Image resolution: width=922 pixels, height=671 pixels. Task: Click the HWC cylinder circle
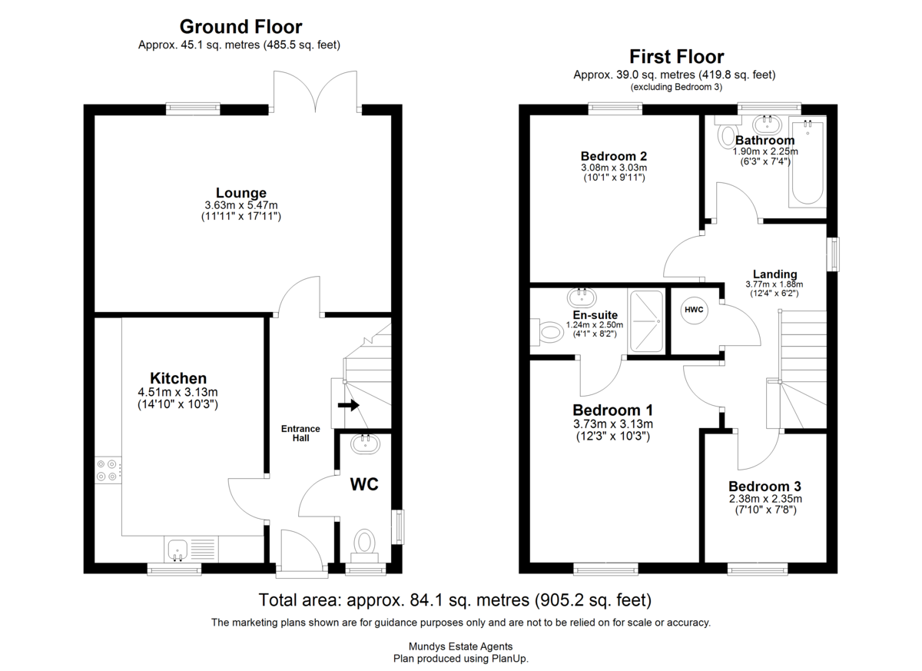[694, 310]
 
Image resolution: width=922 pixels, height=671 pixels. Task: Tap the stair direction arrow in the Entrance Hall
[348, 406]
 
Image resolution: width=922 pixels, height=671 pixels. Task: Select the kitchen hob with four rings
[108, 470]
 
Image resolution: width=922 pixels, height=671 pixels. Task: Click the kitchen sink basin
[177, 550]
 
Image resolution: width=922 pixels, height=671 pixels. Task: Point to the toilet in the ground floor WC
[364, 546]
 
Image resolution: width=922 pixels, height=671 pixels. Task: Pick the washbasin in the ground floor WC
[366, 444]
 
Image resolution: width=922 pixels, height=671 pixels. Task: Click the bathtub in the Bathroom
[808, 161]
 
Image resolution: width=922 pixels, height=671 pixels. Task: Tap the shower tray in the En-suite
[646, 321]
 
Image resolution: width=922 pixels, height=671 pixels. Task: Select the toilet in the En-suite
[546, 332]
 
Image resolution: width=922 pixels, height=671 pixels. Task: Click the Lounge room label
[241, 193]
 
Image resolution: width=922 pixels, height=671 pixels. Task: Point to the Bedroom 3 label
[764, 487]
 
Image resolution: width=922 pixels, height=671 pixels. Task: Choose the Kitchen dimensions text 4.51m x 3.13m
[177, 392]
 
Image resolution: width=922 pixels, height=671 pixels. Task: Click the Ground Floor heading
[240, 27]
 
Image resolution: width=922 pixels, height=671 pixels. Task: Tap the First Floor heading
[677, 57]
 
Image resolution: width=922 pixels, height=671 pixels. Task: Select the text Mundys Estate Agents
[460, 646]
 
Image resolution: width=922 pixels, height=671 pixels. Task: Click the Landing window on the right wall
[833, 254]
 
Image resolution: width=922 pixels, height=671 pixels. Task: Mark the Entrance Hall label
[300, 433]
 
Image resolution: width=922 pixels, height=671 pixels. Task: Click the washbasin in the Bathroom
[768, 125]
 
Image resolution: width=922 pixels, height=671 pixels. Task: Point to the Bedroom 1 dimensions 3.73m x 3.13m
[613, 424]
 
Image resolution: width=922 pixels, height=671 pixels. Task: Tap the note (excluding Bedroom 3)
[676, 88]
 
